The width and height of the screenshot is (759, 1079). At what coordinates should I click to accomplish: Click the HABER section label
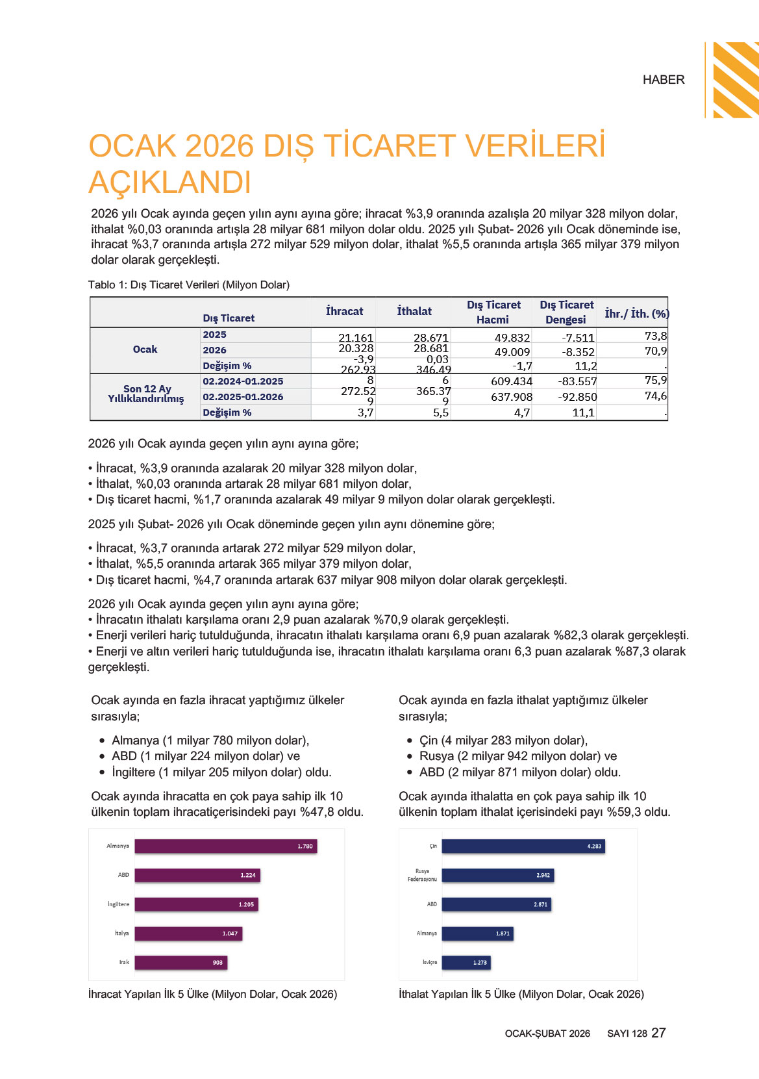point(664,80)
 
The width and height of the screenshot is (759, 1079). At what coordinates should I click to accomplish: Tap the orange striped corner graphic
point(735,79)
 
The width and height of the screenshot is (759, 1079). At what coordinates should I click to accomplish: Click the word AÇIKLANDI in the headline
point(170,183)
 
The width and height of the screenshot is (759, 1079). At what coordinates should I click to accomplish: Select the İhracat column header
point(344,311)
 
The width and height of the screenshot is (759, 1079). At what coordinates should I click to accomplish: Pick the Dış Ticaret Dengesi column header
point(566,312)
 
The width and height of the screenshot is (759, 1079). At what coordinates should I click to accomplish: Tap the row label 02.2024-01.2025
point(243,381)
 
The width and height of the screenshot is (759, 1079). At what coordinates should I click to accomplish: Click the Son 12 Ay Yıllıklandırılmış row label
point(146,394)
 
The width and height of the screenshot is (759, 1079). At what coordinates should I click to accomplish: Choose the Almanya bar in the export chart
point(225,846)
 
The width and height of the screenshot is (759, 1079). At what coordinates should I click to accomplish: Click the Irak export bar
point(180,962)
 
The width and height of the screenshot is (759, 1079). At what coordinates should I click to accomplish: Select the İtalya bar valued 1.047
point(188,933)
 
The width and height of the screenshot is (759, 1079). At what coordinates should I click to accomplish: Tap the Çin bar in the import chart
point(523,846)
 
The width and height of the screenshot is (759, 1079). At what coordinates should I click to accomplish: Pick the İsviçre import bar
point(466,962)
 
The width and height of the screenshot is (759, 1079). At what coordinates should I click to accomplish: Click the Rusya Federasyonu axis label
point(422,875)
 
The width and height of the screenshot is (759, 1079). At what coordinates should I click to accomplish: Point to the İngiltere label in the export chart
point(118,904)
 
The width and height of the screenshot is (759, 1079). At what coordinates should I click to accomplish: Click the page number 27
point(658,1033)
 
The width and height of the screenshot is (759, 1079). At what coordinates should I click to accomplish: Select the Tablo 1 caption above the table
point(189,285)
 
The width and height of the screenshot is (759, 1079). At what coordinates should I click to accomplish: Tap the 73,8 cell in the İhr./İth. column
point(655,336)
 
